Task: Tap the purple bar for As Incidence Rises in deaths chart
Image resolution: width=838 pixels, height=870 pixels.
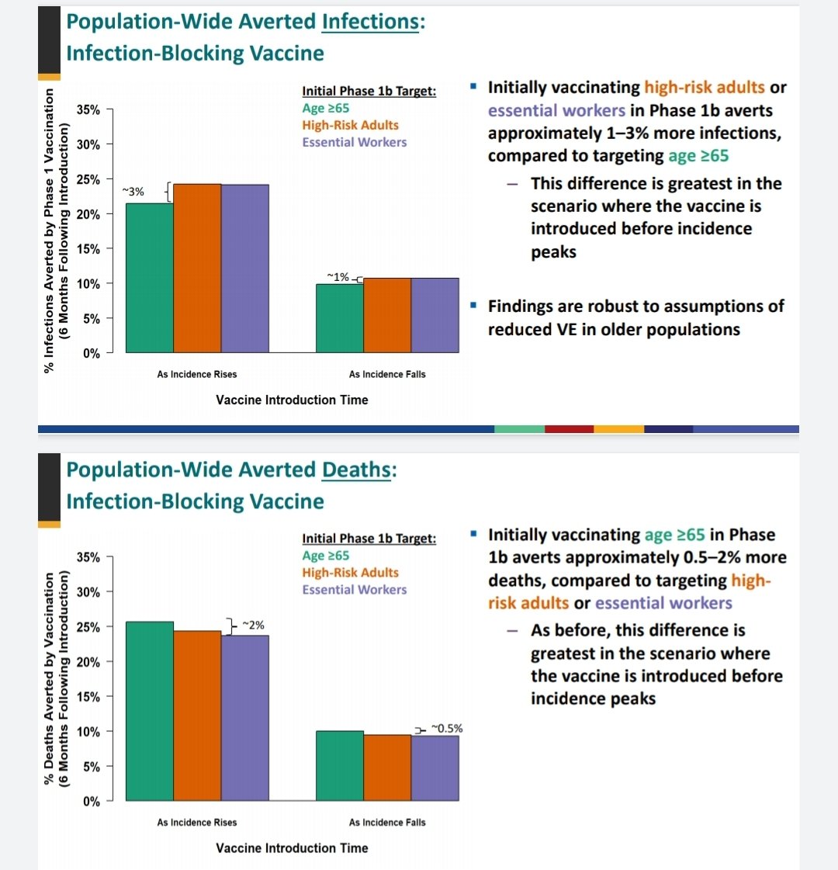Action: coord(245,718)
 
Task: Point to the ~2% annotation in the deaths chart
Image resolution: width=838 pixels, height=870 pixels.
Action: coord(253,624)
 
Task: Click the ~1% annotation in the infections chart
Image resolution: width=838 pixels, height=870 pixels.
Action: coord(338,276)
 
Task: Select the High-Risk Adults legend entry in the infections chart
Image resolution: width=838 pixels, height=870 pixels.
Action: coord(350,125)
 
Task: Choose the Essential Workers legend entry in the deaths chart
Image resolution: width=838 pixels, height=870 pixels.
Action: coord(354,590)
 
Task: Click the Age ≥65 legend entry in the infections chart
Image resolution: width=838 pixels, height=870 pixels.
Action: coord(326,108)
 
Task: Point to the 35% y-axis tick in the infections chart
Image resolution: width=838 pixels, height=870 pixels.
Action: coord(88,109)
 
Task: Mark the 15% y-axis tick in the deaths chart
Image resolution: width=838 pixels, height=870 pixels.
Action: coord(88,696)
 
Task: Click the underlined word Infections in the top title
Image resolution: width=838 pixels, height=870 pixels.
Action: coord(370,21)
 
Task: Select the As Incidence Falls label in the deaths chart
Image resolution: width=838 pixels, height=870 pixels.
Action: coord(387,822)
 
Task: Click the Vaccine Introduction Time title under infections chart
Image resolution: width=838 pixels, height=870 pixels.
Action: coord(292,400)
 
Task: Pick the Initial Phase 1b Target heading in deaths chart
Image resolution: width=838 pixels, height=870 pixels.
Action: coord(369,539)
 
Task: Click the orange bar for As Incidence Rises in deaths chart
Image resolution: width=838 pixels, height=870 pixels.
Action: coord(197,716)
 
